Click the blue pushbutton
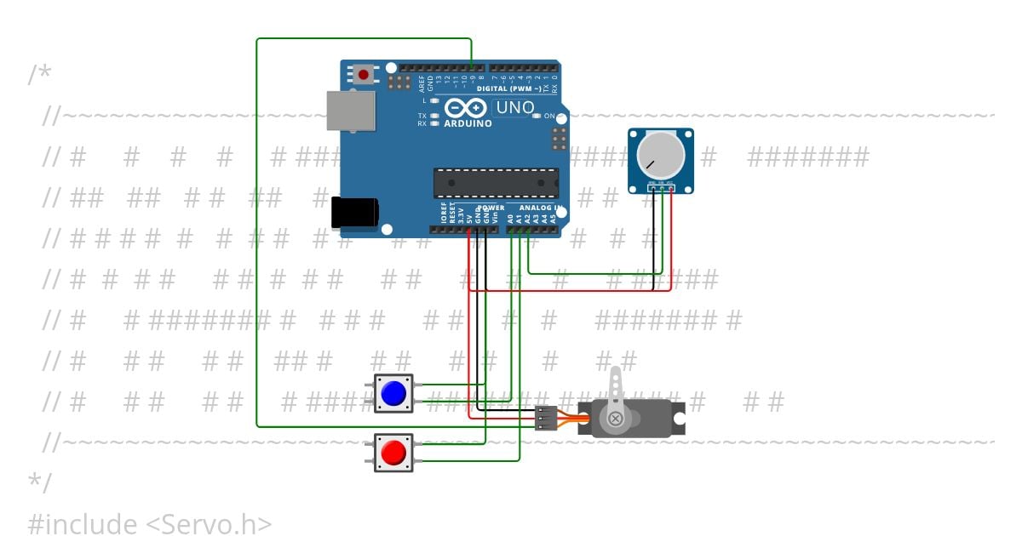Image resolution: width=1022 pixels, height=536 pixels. coord(393,393)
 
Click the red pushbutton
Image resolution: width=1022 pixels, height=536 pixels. coord(393,453)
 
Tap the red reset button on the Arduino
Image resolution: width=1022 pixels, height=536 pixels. coord(365,74)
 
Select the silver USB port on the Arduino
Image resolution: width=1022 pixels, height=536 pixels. coord(350,111)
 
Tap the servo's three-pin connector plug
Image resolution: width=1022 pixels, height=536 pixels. coord(545,418)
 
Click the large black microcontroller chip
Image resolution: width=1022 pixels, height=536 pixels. coord(496,183)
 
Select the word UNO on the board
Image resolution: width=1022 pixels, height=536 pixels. coord(514,108)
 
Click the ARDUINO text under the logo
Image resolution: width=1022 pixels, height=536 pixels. coord(468,123)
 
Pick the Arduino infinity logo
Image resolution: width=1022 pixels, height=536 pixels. coord(465,108)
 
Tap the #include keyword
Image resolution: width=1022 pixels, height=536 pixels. coord(82,524)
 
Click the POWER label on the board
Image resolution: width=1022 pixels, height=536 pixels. coord(491,208)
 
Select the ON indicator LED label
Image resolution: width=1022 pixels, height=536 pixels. coord(549,116)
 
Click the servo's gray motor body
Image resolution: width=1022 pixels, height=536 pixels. coord(647,418)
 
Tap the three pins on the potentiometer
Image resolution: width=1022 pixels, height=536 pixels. coord(661,183)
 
